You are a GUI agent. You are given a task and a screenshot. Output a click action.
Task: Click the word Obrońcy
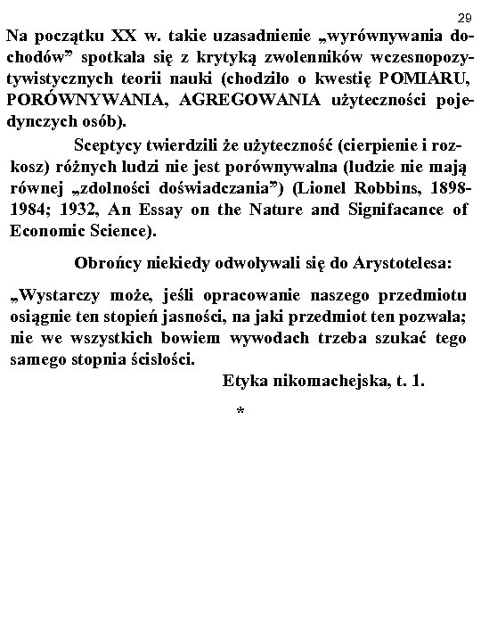(105, 265)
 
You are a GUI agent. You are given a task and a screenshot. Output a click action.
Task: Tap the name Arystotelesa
(397, 265)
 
